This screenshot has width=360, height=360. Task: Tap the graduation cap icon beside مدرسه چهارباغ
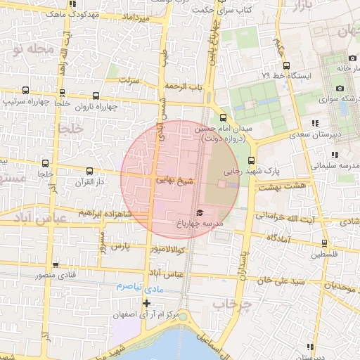199,212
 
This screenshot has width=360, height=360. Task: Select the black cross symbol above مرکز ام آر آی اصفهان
146,304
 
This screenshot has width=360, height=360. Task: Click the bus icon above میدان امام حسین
223,117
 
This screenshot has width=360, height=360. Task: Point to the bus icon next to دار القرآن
89,171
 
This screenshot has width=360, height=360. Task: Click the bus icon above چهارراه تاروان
96,96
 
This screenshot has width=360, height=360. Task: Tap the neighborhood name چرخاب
232,304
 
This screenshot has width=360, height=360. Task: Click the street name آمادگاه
278,239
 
